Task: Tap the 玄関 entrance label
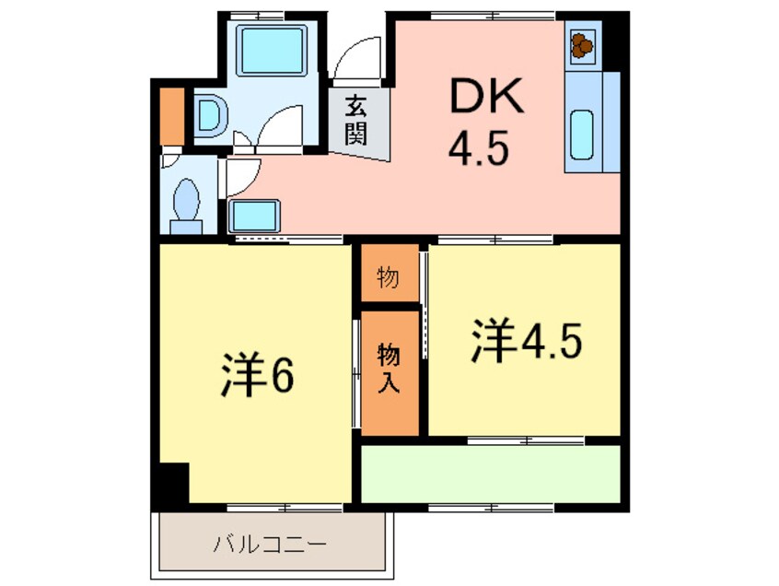pyautogui.click(x=357, y=122)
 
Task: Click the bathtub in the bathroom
pyautogui.click(x=271, y=52)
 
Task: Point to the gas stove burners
pyautogui.click(x=582, y=44)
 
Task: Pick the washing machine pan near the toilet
pyautogui.click(x=253, y=217)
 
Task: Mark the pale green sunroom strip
pyautogui.click(x=489, y=474)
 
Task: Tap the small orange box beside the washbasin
pyautogui.click(x=172, y=115)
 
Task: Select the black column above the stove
pyautogui.click(x=614, y=42)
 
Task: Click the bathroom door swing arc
pyautogui.click(x=280, y=123)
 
